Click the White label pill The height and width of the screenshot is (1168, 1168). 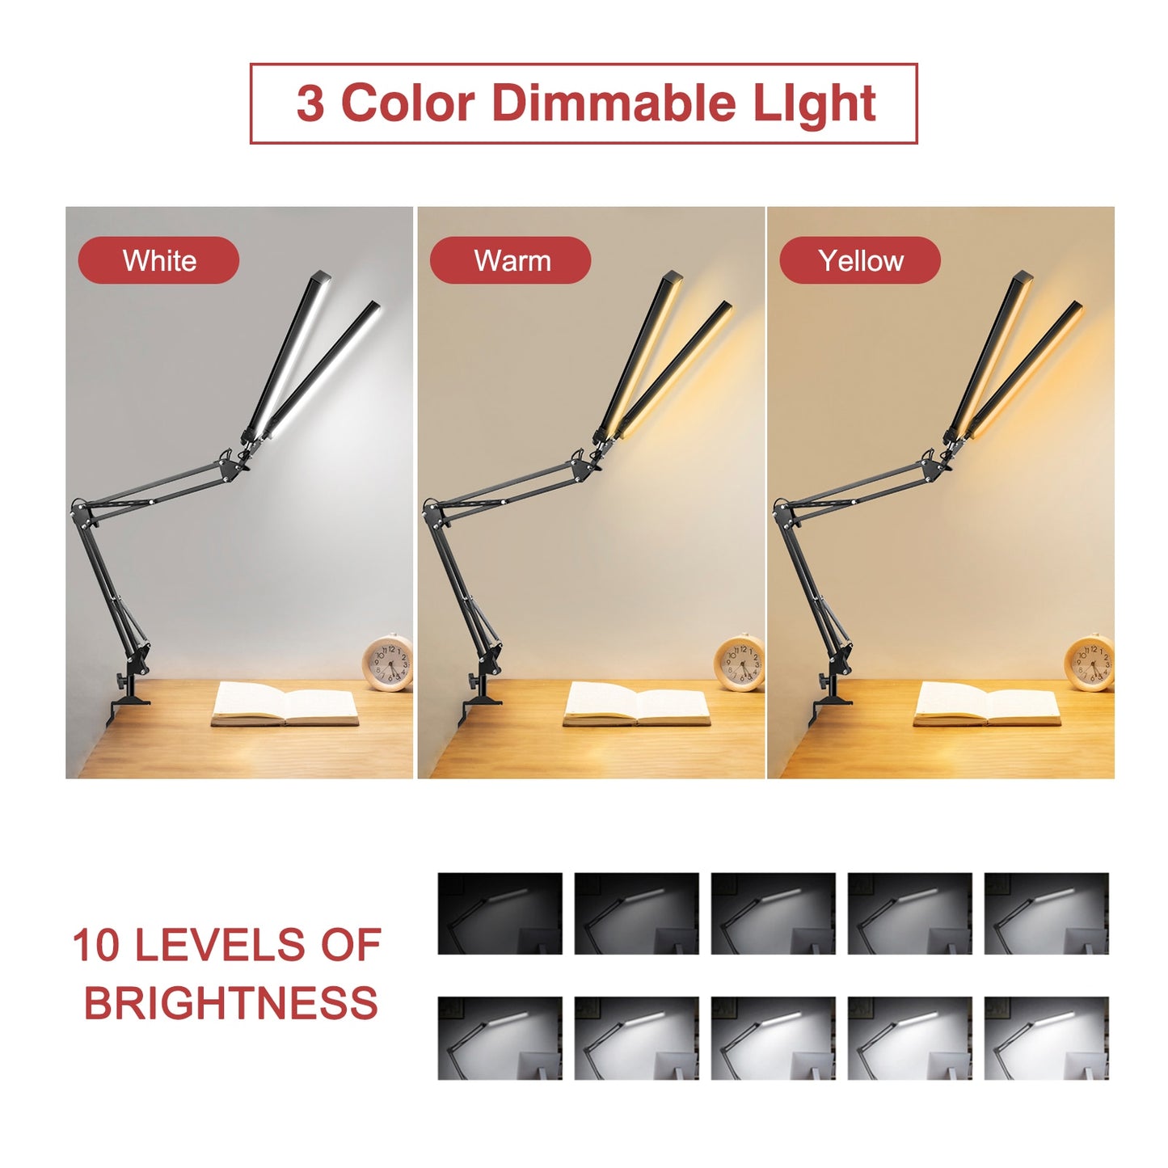point(158,260)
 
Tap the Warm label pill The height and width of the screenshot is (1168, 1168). point(511,260)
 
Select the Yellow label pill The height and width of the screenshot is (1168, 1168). point(860,260)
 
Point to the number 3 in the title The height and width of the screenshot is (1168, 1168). point(310,104)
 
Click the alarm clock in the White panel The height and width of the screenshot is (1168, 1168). point(387,663)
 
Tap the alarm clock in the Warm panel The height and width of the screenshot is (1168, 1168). point(739,663)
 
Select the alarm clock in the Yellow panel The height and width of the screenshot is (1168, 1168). point(1090,663)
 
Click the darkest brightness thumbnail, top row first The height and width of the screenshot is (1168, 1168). point(500,913)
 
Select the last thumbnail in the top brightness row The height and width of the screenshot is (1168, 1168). point(1046,913)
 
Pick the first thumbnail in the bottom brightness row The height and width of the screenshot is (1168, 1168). point(500,1038)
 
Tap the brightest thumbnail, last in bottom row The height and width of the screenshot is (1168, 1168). point(1046,1038)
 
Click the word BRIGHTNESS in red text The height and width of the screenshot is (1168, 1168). point(230,1004)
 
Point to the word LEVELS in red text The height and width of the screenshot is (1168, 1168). point(218,945)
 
